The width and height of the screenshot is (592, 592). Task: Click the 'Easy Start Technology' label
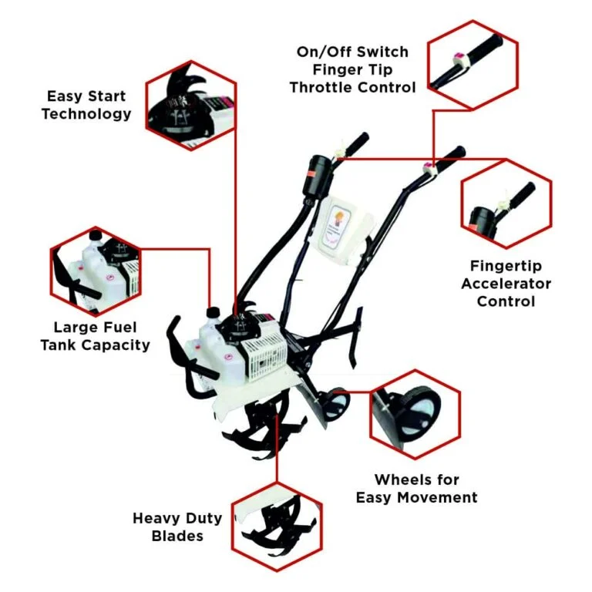pos(86,106)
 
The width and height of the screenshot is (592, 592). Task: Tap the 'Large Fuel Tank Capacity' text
pos(95,335)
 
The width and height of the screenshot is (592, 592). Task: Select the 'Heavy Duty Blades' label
pos(177,526)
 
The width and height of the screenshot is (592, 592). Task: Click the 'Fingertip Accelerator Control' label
pos(506,283)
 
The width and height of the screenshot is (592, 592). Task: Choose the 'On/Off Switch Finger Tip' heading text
pos(352,61)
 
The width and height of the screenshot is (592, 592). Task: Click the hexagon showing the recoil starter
pos(190,105)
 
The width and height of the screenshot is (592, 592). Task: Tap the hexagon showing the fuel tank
pos(96,269)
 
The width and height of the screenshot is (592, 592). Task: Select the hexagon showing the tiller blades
pos(277,527)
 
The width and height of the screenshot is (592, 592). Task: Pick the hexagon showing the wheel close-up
pos(415,412)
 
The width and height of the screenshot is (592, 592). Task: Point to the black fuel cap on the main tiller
pos(214,312)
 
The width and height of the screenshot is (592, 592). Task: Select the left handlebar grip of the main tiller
pos(355,144)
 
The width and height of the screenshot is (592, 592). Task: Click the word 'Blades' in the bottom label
pos(177,536)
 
